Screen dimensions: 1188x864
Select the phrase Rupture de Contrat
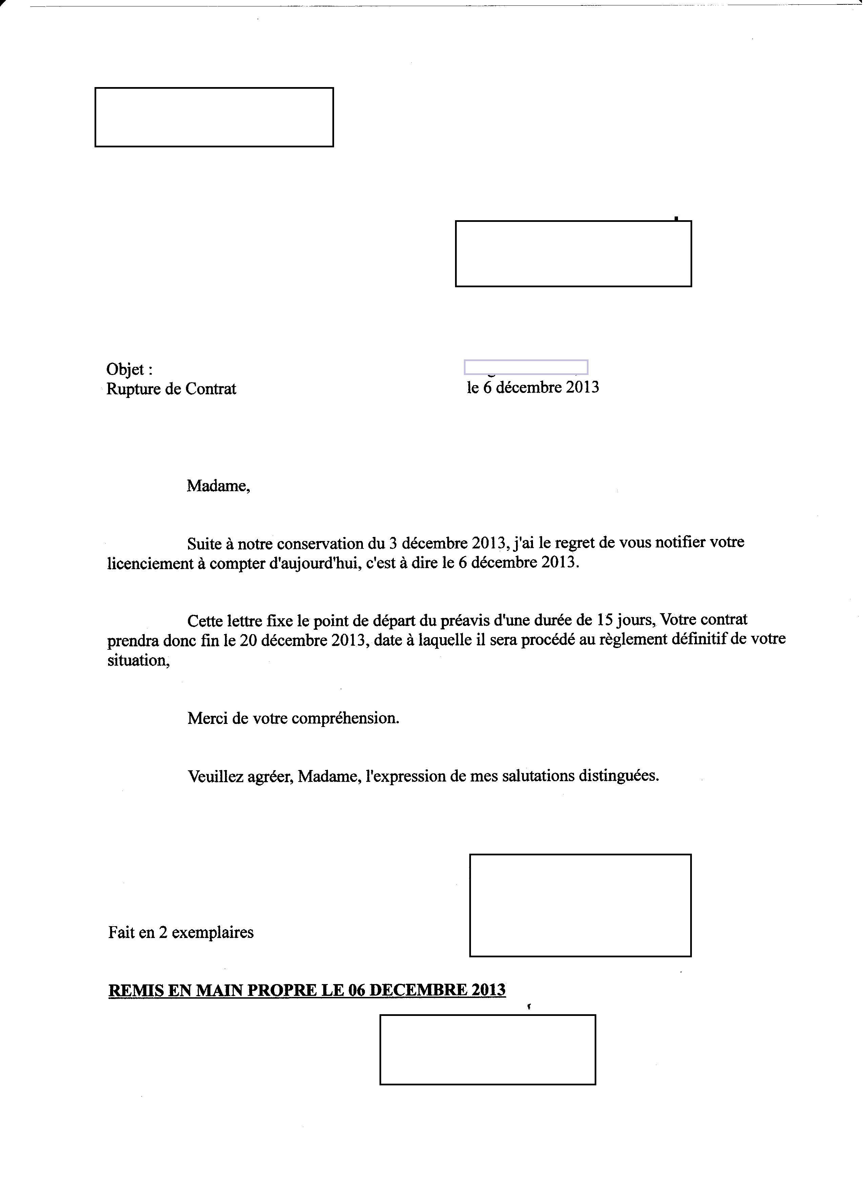click(x=171, y=389)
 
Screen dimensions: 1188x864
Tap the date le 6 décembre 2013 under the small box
click(x=533, y=388)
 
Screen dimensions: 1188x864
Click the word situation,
click(x=139, y=661)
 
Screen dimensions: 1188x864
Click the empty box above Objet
click(x=214, y=117)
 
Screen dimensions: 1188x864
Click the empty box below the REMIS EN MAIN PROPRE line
click(x=488, y=1049)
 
